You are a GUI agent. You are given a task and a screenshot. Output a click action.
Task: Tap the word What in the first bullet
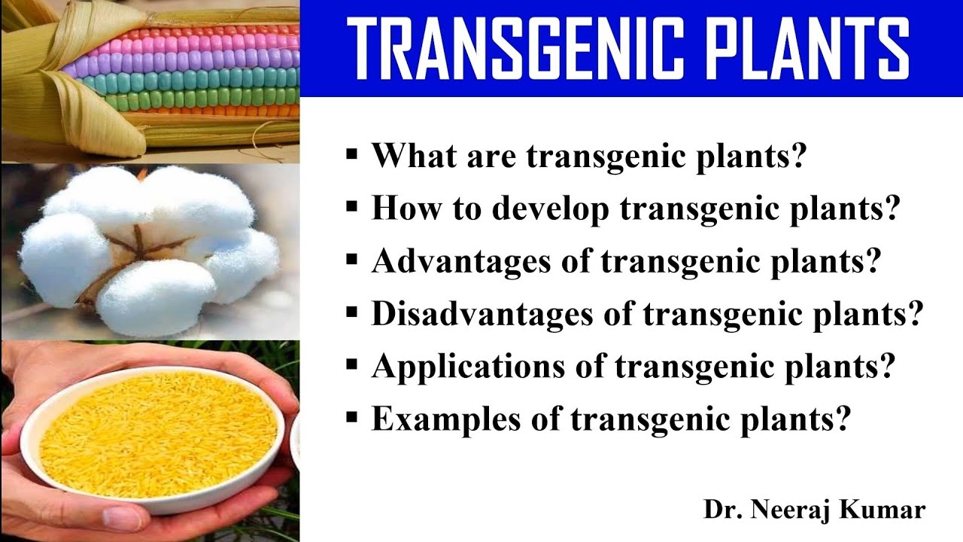411,156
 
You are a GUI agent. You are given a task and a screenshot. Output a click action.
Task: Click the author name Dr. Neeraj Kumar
814,510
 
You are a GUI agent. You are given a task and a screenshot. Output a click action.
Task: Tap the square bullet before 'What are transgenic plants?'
351,156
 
